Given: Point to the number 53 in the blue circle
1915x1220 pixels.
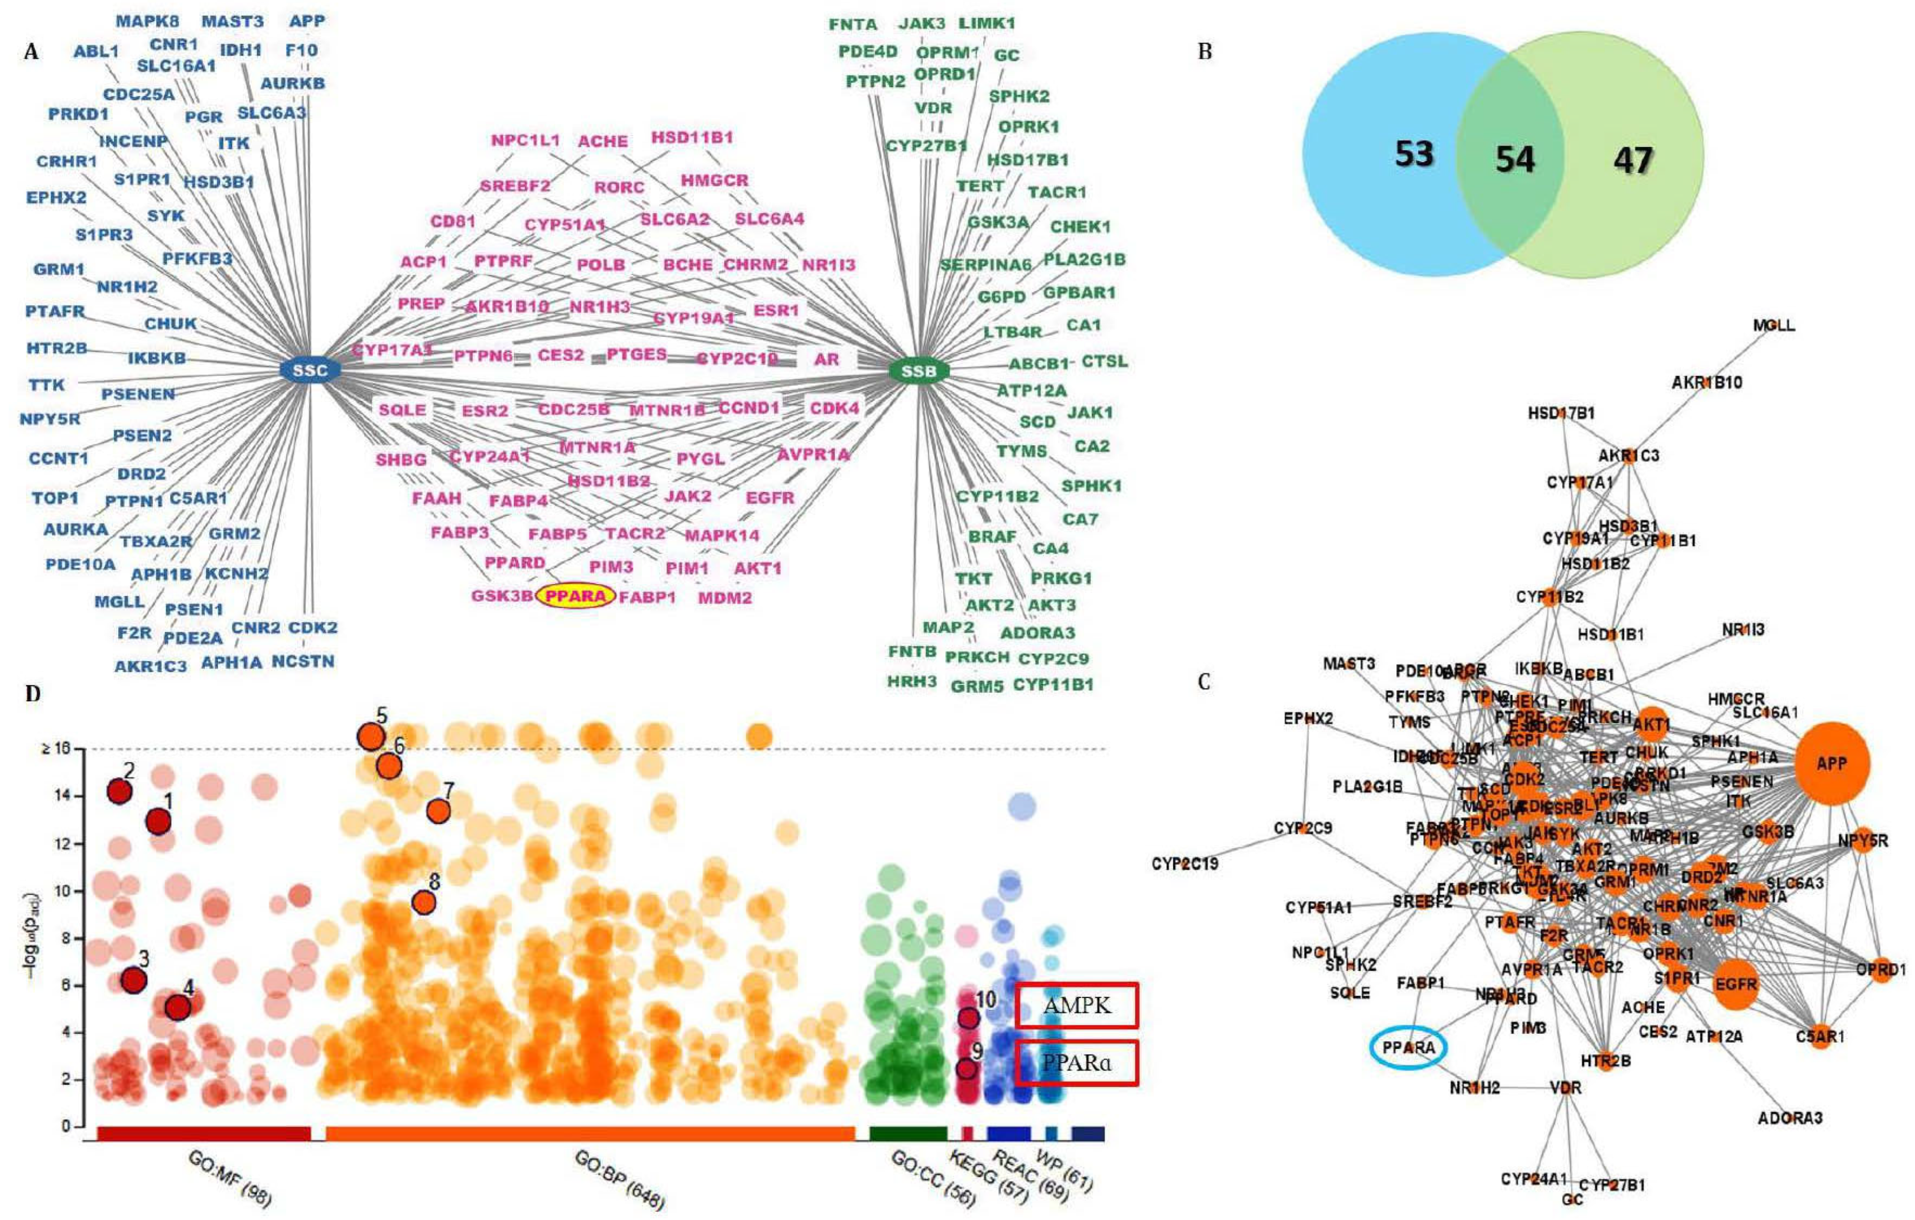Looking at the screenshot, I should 1414,154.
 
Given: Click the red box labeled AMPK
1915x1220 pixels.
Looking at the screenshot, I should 1077,1005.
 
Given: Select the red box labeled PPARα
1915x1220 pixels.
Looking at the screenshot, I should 1077,1062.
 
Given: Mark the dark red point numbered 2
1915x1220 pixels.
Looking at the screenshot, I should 119,792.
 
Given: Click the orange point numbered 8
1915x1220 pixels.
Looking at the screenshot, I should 424,902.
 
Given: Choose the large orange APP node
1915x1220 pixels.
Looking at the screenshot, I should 1832,763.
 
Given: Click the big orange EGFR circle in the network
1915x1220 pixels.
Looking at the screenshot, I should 1735,984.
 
